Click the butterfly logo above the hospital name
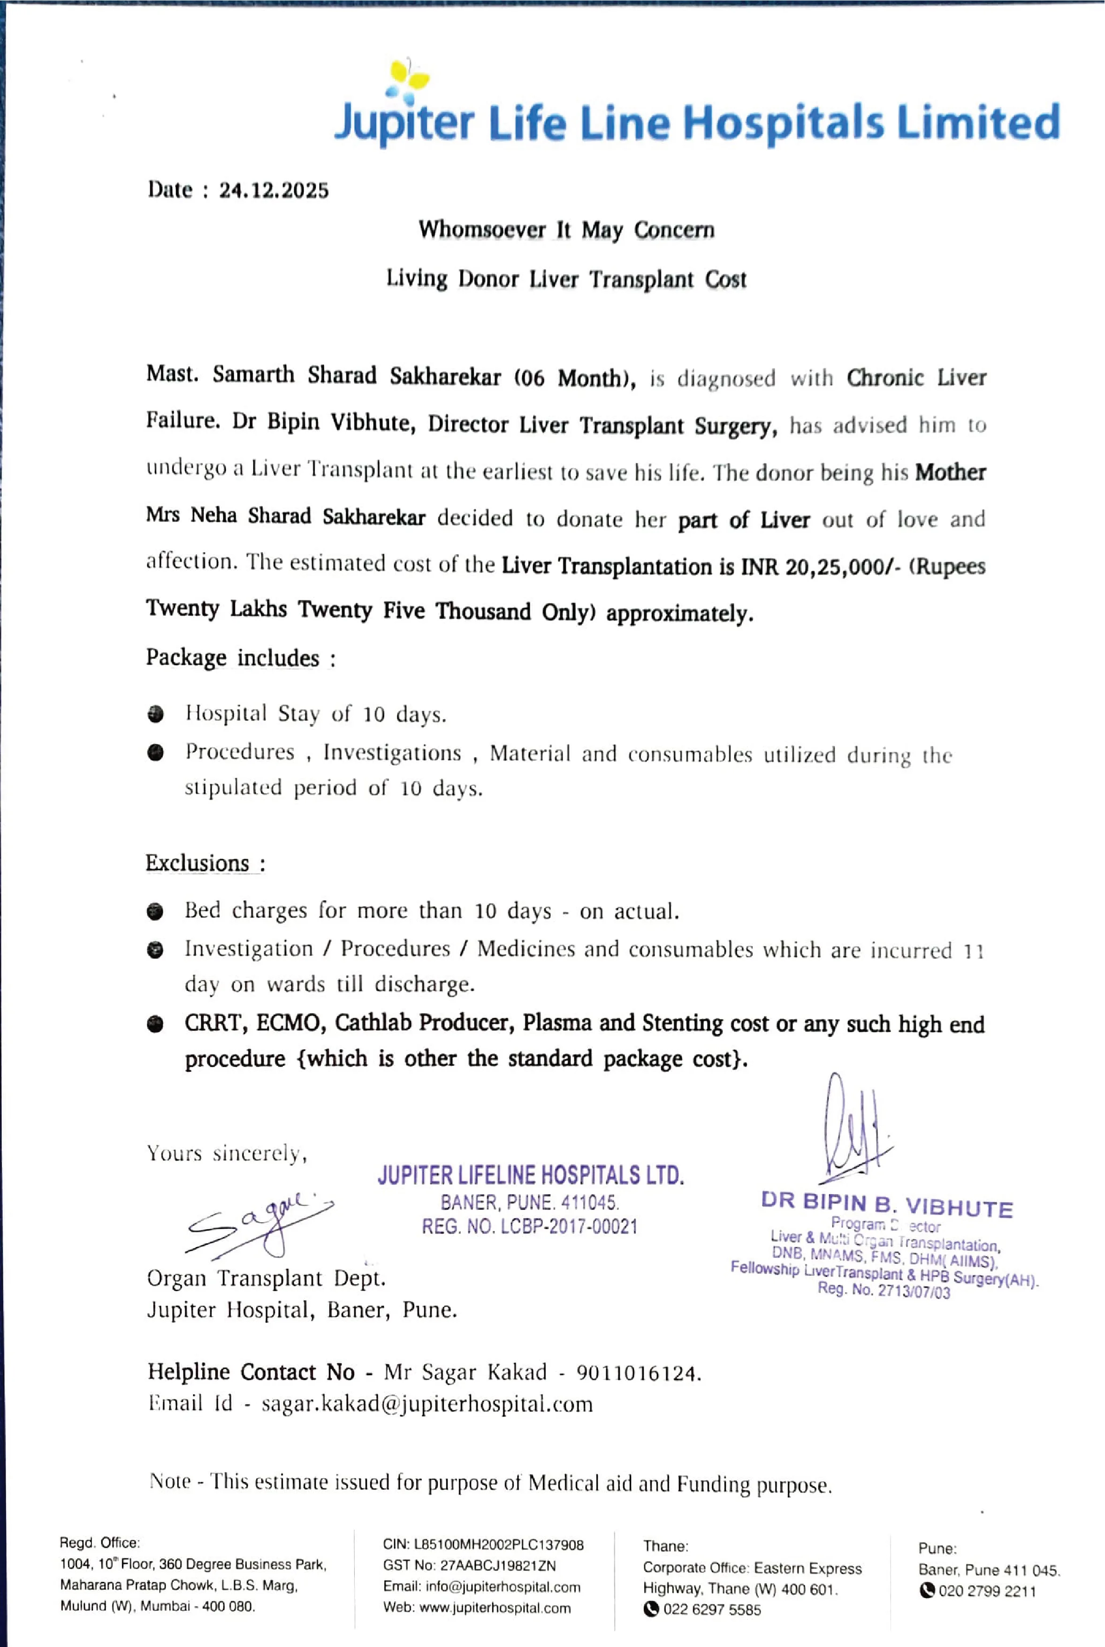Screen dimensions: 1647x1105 (407, 79)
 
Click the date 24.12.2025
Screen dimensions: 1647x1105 (274, 190)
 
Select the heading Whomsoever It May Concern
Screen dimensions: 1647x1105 (566, 230)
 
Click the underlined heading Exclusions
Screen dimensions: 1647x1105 (198, 863)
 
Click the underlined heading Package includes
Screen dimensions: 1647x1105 (233, 658)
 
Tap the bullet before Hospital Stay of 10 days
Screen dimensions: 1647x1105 (156, 714)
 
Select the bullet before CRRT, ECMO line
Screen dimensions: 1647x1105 (156, 1024)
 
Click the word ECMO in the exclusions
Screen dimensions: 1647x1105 (290, 1023)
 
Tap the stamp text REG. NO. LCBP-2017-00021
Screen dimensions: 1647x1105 (529, 1227)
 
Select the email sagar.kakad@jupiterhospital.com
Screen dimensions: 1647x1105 (427, 1404)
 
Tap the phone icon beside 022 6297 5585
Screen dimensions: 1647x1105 (651, 1609)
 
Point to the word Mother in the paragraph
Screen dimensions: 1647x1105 (950, 472)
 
